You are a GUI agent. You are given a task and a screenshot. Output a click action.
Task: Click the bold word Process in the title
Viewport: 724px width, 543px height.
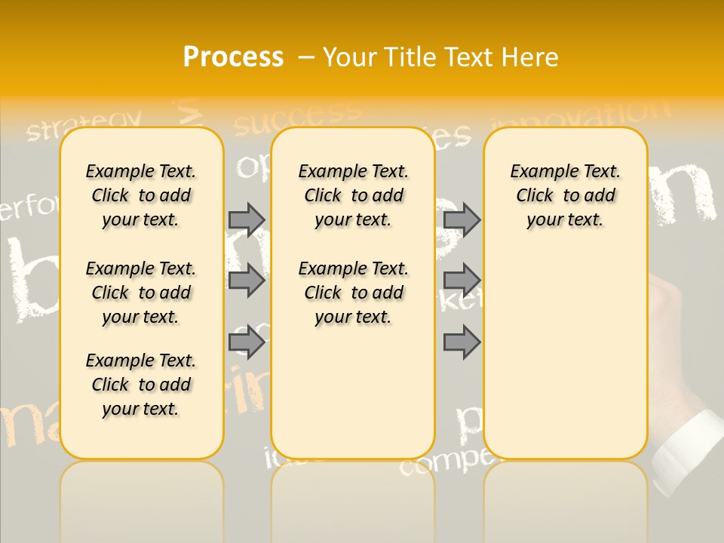[x=233, y=57]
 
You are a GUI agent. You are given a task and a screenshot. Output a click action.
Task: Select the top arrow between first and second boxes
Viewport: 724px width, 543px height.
[x=247, y=219]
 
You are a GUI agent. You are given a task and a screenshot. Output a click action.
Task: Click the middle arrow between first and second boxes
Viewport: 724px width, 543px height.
[x=247, y=281]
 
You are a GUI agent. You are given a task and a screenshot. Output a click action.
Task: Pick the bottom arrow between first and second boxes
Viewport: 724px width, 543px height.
[x=247, y=343]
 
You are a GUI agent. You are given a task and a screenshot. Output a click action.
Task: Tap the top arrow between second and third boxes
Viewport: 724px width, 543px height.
[x=462, y=219]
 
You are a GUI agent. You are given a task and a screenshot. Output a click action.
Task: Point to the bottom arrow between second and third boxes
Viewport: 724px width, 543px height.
[x=462, y=343]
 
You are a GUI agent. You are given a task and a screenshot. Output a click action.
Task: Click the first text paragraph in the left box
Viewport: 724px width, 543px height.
[x=141, y=195]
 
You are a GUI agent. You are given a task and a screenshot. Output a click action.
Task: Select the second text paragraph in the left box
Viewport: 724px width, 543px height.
[x=141, y=293]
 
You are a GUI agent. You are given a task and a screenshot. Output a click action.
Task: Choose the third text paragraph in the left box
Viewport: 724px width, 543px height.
[x=141, y=385]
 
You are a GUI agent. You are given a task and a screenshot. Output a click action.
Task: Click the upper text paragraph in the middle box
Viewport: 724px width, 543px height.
[x=353, y=195]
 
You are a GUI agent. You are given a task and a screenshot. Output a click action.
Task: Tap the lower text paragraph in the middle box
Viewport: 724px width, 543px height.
[x=353, y=293]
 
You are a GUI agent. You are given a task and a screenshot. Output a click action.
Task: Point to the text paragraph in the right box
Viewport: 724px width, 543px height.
[x=565, y=195]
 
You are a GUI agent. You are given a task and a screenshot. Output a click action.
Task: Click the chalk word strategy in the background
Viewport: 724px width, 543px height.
[x=84, y=125]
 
